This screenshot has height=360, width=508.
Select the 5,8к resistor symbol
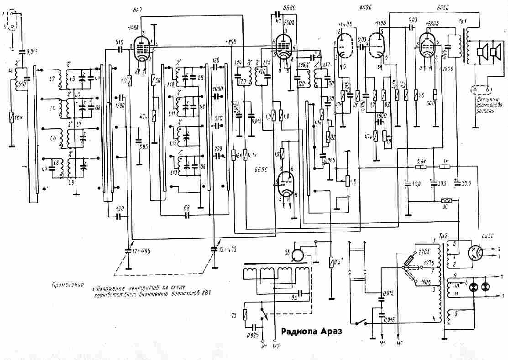[421, 167]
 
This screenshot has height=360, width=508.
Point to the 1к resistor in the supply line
[446, 167]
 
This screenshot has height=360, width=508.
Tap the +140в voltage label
[346, 23]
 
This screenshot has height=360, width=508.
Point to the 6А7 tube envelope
[143, 48]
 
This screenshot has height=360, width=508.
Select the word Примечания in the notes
[69, 286]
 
